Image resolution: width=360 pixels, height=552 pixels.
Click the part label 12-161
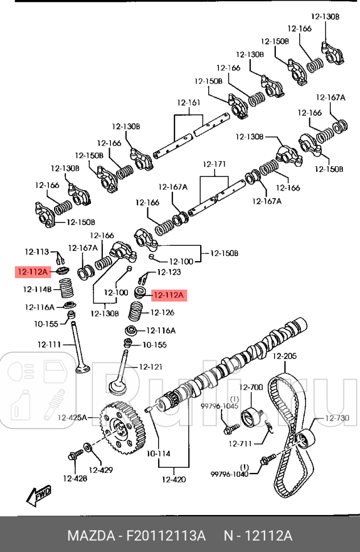point(189,103)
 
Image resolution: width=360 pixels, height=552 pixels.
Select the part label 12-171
point(216,164)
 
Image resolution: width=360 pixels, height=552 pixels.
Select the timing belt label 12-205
point(284,356)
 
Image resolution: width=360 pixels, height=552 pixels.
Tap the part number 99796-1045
point(219,406)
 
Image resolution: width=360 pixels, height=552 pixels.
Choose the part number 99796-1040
point(229,473)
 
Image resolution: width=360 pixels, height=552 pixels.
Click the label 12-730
point(337,418)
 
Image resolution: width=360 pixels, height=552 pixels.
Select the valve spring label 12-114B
point(38,289)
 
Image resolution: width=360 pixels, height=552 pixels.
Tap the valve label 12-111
point(49,344)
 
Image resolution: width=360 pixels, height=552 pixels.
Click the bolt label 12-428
point(75,478)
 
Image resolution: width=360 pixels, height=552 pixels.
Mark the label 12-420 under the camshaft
point(173,479)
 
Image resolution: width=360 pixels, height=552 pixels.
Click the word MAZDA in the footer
point(90,536)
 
